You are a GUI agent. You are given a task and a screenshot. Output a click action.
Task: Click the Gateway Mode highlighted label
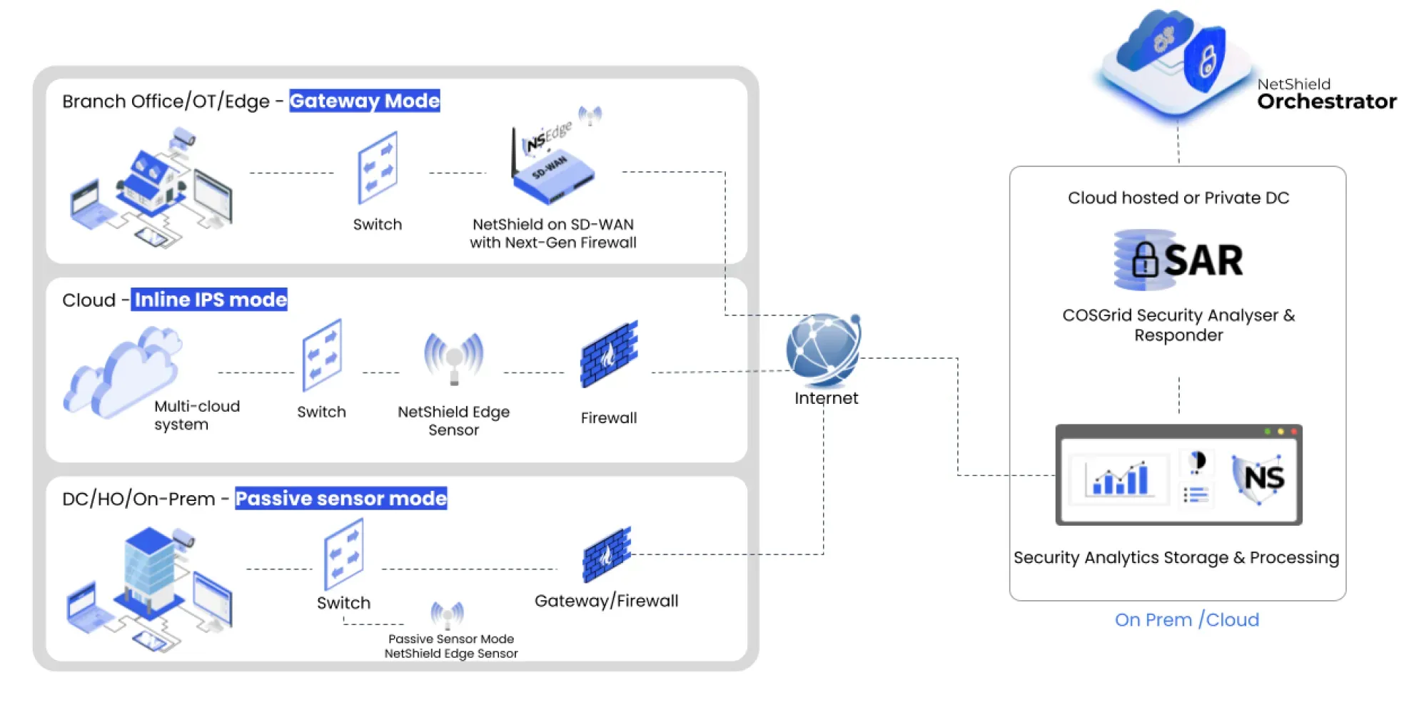click(364, 101)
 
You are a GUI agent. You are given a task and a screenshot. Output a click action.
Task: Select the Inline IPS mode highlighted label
click(210, 300)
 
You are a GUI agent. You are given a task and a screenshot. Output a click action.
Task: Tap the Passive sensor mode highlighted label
click(340, 498)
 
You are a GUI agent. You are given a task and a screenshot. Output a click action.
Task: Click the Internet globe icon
click(823, 350)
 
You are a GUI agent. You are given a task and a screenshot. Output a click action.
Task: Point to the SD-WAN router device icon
click(553, 171)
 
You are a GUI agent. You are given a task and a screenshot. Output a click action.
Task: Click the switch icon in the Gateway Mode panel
click(377, 168)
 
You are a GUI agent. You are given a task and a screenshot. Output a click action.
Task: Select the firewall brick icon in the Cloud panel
click(608, 355)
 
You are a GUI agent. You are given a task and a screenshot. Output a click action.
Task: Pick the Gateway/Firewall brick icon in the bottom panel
click(607, 555)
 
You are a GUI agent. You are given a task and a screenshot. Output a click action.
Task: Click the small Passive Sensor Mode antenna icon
click(448, 614)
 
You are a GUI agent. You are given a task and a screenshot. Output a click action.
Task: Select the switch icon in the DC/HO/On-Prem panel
click(343, 554)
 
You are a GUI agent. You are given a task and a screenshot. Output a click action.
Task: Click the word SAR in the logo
click(1203, 260)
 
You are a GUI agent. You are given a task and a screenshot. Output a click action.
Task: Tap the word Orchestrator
click(1326, 102)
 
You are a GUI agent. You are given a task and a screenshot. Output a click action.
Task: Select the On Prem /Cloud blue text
click(1186, 620)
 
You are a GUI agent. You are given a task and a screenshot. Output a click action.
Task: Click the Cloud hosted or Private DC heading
click(1178, 198)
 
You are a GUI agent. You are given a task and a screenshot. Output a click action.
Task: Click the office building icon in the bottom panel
click(150, 571)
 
